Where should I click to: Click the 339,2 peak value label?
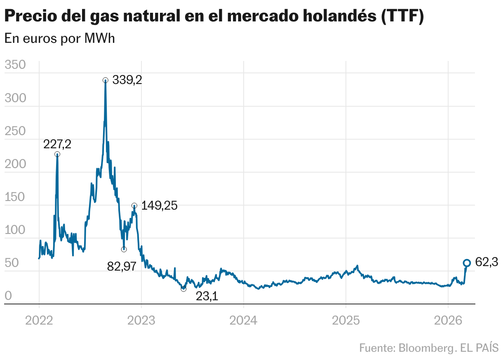[127, 80]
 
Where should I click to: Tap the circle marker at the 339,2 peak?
[106, 80]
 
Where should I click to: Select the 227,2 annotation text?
[57, 144]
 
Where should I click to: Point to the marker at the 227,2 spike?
[57, 154]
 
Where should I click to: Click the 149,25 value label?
[159, 206]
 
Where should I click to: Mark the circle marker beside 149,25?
[134, 206]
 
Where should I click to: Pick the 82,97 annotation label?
[122, 266]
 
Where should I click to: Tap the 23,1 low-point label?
[207, 296]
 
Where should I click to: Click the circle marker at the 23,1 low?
[183, 289]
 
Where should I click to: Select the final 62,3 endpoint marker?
[467, 263]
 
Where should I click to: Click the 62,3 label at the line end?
[487, 262]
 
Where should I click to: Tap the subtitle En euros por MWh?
[59, 39]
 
